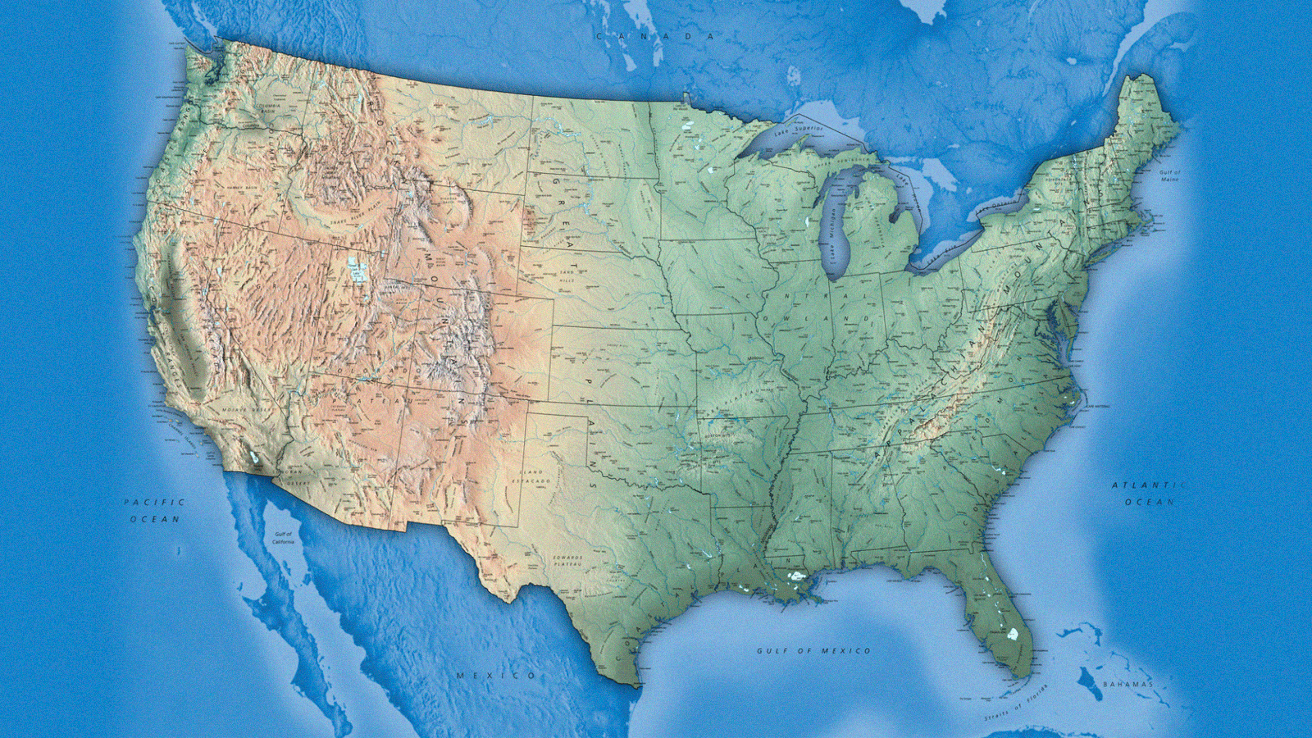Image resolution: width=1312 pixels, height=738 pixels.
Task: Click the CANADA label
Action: [655, 36]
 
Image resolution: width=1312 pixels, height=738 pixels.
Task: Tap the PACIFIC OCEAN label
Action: [155, 510]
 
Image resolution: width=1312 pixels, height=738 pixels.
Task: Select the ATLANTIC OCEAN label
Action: [1149, 493]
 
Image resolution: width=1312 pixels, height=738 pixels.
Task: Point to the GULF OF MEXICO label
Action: [813, 650]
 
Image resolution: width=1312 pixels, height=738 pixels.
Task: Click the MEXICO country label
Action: [497, 675]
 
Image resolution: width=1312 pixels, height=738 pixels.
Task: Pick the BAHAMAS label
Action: [1128, 684]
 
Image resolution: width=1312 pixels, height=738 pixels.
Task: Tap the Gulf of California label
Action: [283, 538]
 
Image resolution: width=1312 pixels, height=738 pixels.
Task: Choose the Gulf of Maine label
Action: [1170, 175]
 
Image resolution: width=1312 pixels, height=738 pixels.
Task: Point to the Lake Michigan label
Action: [830, 231]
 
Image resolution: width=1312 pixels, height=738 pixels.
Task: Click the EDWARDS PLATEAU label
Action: [567, 561]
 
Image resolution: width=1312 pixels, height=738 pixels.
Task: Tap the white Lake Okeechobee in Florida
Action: [1013, 634]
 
